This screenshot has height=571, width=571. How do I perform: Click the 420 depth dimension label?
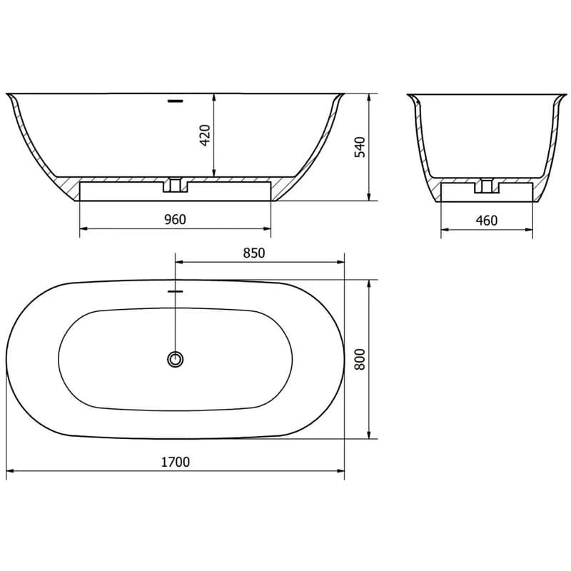point(206,135)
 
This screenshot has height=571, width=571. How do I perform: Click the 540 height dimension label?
point(360,147)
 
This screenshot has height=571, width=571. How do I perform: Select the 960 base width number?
point(175,220)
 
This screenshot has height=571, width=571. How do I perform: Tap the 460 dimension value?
point(487,221)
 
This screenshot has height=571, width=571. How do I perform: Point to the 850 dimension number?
point(254,253)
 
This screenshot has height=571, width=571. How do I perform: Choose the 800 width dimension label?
point(360,360)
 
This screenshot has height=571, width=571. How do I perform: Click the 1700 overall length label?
point(176,462)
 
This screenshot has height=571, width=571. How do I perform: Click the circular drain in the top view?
point(175,360)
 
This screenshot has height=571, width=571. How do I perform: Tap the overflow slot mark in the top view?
point(175,291)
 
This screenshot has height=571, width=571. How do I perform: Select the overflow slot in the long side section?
point(175,101)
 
